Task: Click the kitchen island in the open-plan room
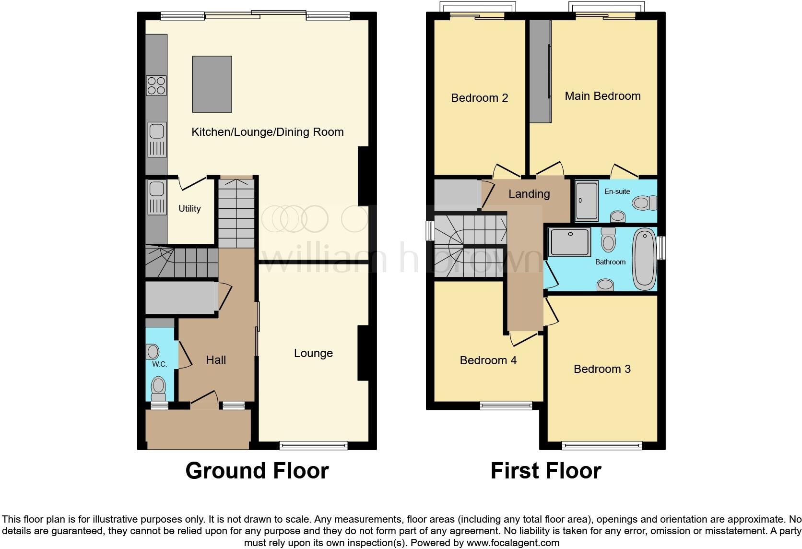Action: coord(212,84)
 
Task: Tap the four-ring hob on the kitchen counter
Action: coord(156,85)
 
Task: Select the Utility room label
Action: coord(189,208)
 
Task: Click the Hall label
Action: coord(216,360)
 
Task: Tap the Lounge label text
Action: coord(313,353)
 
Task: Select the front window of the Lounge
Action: coord(314,446)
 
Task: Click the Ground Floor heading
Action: coord(257,471)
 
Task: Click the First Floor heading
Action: coord(545,471)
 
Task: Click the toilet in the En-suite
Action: coord(644,203)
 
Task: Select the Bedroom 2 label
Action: coord(479,98)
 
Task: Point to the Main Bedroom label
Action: coord(602,96)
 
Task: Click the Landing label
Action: coord(529,194)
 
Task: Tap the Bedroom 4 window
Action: coord(506,406)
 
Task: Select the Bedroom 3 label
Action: coord(602,369)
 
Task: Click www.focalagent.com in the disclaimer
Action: coord(513,543)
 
